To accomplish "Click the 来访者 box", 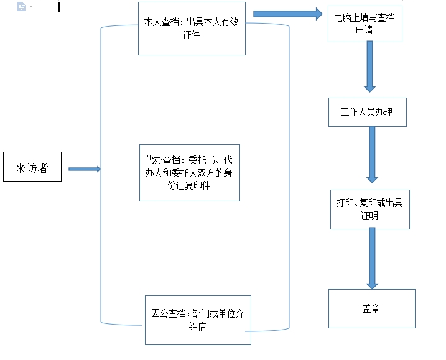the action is pyautogui.click(x=32, y=167).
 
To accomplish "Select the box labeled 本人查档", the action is pyautogui.click(x=192, y=29).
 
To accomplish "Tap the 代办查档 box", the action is pyautogui.click(x=190, y=173).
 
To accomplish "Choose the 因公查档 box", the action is pyautogui.click(x=198, y=320).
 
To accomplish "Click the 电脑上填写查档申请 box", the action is pyautogui.click(x=365, y=24).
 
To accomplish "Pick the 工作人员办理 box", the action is pyautogui.click(x=368, y=113).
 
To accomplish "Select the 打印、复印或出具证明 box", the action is pyautogui.click(x=369, y=210).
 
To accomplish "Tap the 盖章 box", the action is pyautogui.click(x=372, y=309).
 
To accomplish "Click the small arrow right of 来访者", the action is pyautogui.click(x=85, y=169).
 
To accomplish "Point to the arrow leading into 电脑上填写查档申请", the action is pyautogui.click(x=288, y=14).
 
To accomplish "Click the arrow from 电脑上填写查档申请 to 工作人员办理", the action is pyautogui.click(x=369, y=67).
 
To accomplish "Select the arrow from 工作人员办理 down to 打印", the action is pyautogui.click(x=372, y=154).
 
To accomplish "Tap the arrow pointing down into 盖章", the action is pyautogui.click(x=372, y=258).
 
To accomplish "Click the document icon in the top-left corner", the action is pyautogui.click(x=21, y=6).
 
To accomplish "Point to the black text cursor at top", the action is pyautogui.click(x=59, y=7).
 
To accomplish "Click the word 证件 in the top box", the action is pyautogui.click(x=191, y=35).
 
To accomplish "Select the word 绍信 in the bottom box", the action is pyautogui.click(x=197, y=326).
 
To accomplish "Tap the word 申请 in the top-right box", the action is pyautogui.click(x=365, y=30).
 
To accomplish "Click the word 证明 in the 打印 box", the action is pyautogui.click(x=369, y=216).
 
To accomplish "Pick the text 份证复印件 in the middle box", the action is pyautogui.click(x=189, y=185).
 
